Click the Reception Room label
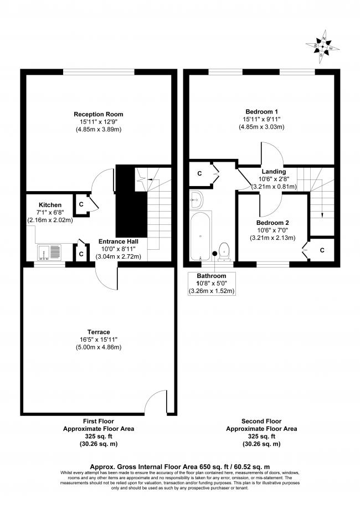[x=97, y=114]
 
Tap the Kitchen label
[x=50, y=205]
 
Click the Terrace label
[x=97, y=332]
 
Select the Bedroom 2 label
[x=272, y=223]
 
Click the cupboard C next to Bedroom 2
[x=322, y=250]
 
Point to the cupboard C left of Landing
[x=199, y=174]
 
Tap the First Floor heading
[x=98, y=421]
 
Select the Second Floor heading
[x=261, y=421]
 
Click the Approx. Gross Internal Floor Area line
[x=179, y=466]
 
